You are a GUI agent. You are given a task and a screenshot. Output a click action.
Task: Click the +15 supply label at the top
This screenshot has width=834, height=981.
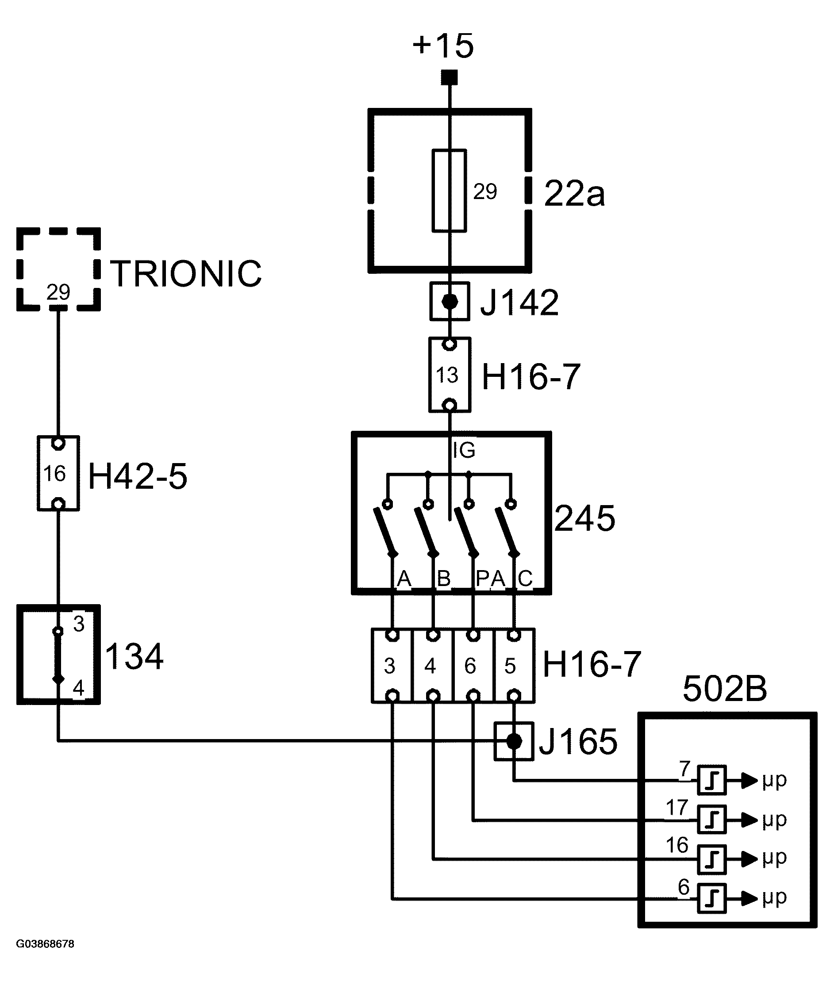coord(443,46)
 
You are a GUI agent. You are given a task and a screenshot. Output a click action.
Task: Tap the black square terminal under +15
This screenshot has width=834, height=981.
coord(449,77)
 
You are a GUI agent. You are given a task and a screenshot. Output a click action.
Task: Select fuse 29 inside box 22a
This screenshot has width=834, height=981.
coord(449,191)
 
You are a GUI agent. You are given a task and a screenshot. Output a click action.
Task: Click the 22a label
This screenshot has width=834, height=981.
coord(574,194)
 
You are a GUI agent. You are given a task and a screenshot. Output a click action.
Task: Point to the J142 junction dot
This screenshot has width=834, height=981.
coord(450,301)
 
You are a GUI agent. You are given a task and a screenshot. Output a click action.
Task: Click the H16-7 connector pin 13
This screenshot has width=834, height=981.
coord(450,374)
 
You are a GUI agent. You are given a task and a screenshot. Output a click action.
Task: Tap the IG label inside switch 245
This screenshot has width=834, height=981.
coord(464,450)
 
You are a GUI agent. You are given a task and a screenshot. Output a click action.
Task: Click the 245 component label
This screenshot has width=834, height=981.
coord(585,518)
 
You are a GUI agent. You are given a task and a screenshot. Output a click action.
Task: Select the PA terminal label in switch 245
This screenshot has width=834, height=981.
coord(491,579)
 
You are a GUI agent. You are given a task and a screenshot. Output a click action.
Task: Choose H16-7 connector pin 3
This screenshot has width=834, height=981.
coord(392,665)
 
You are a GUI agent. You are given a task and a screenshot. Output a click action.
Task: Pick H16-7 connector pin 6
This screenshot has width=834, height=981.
coord(473,665)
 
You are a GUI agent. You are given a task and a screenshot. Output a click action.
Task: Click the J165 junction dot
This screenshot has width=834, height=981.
coord(514,741)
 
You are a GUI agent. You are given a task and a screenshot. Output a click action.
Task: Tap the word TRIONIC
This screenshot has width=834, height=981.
coord(186,274)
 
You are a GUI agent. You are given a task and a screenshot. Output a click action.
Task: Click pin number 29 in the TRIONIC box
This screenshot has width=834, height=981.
coord(58,292)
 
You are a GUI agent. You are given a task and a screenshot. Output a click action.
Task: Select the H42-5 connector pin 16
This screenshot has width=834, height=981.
coord(58,473)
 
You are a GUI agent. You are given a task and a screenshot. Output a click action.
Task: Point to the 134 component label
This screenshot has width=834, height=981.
coord(134,656)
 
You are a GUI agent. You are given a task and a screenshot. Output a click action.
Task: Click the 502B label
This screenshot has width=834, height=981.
coord(725,688)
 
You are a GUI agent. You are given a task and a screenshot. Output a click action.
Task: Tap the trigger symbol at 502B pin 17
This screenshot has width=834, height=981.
coord(712,820)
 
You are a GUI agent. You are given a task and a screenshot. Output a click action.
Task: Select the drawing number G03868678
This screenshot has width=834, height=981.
coord(46,944)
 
